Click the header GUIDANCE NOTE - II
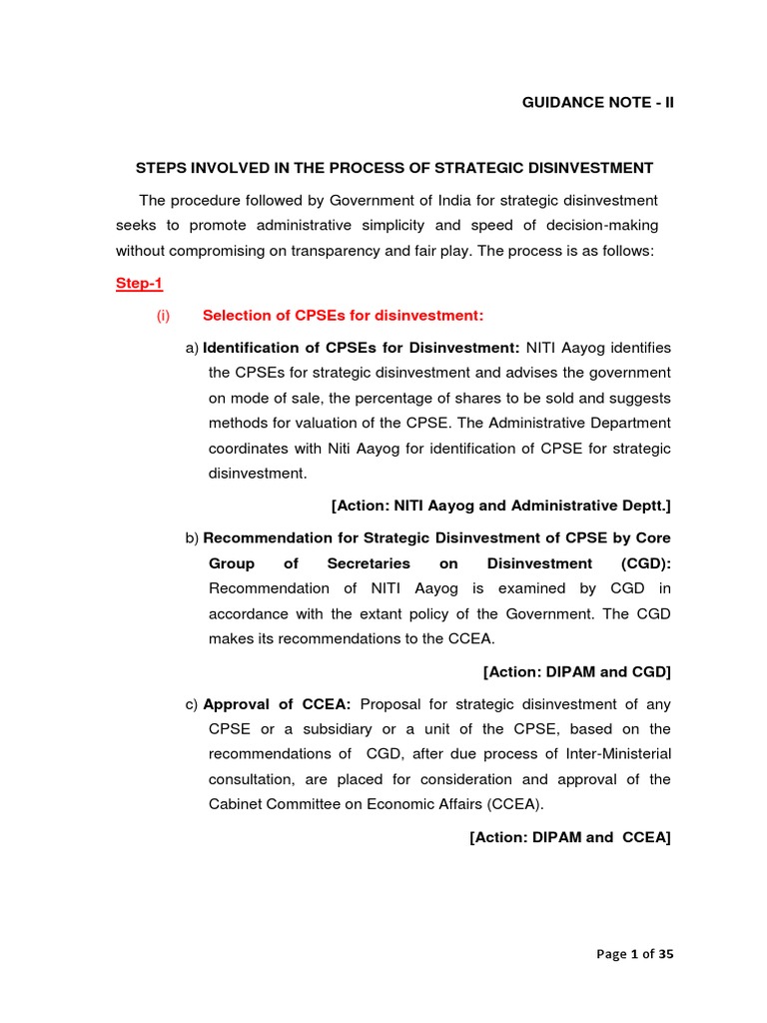click(x=598, y=103)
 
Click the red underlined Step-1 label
click(x=139, y=284)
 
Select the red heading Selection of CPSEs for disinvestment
click(x=343, y=316)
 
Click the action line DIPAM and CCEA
click(x=570, y=837)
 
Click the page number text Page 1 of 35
click(x=635, y=954)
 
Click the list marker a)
click(x=193, y=348)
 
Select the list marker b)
click(x=193, y=538)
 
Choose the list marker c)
click(x=192, y=704)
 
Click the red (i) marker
click(x=164, y=316)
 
